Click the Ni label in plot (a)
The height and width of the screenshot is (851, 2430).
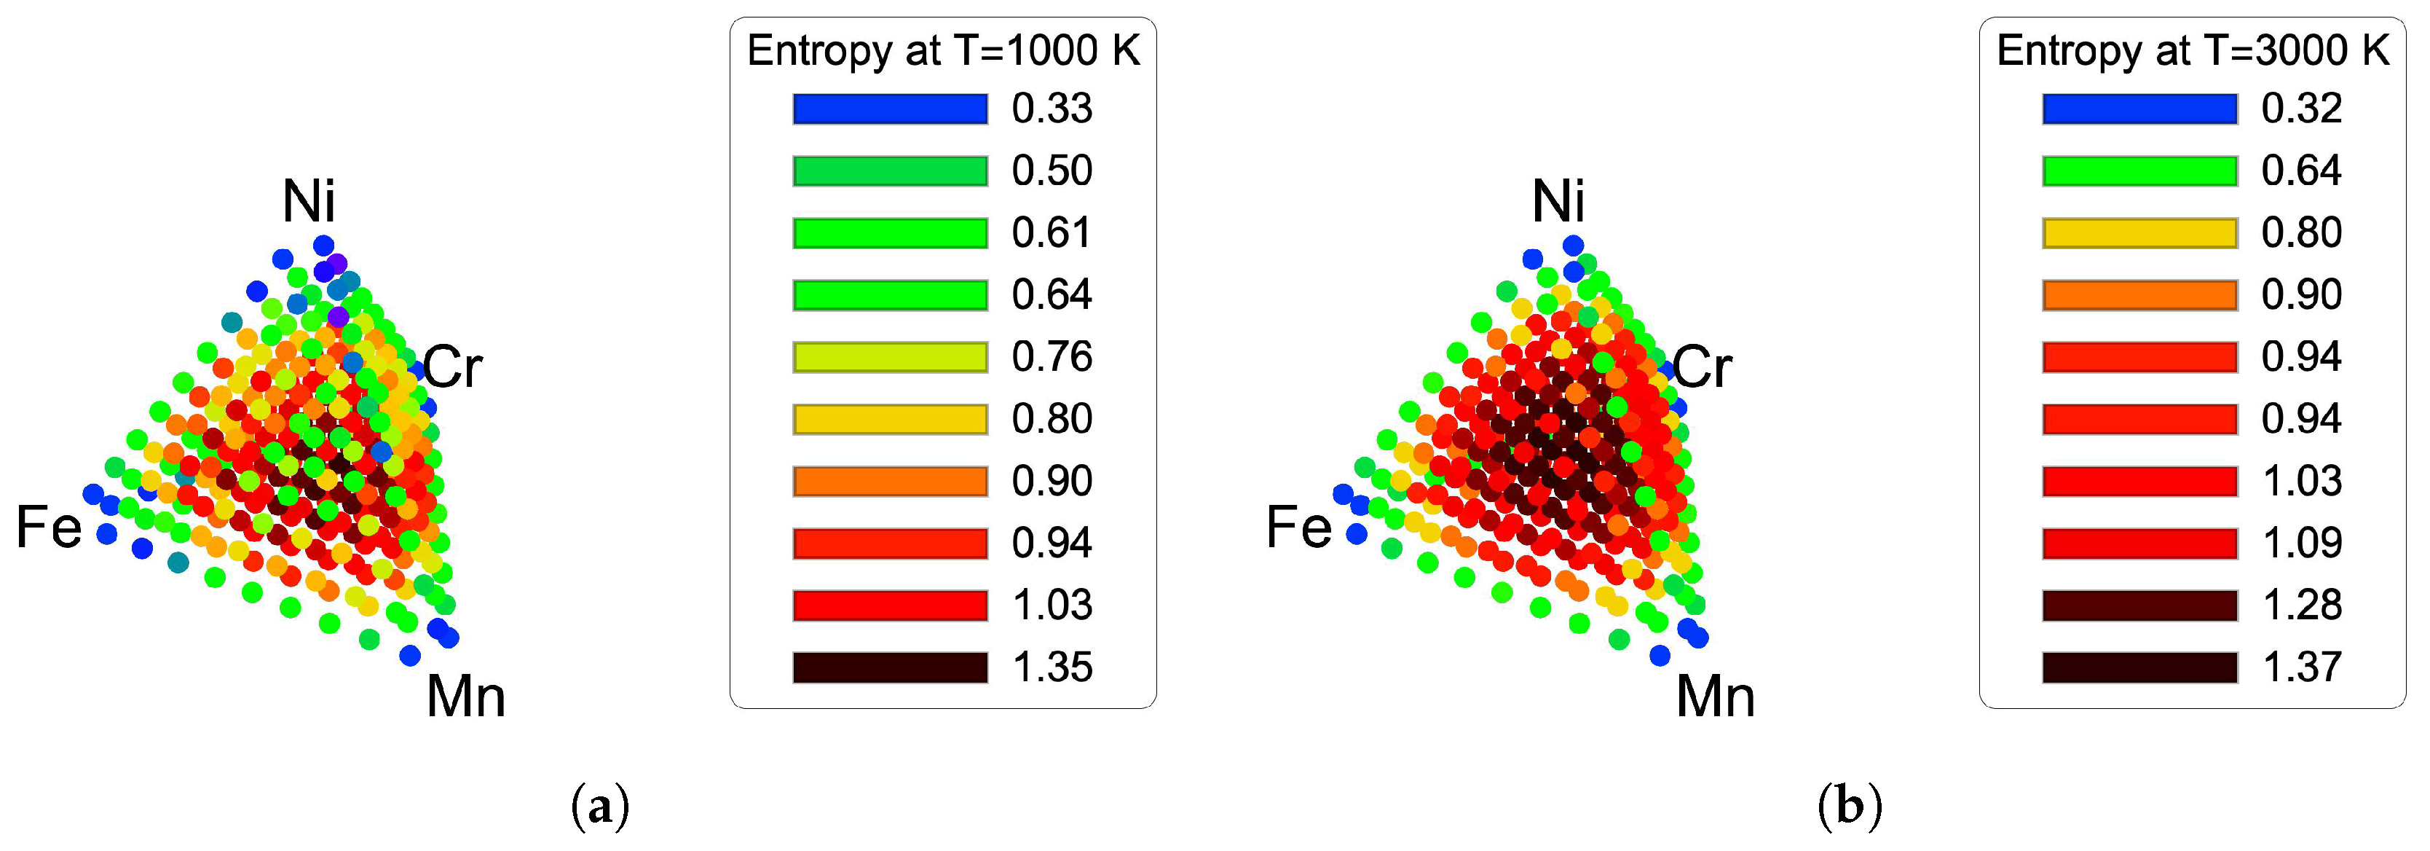click(x=309, y=201)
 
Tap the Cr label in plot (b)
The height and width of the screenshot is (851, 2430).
click(x=1702, y=367)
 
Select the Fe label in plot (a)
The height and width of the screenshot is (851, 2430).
click(x=49, y=527)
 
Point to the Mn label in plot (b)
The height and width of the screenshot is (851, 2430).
click(x=1715, y=697)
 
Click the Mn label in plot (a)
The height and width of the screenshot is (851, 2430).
click(x=466, y=697)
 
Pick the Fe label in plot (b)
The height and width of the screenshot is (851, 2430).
click(x=1299, y=527)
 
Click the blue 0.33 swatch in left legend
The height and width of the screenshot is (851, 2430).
click(x=890, y=109)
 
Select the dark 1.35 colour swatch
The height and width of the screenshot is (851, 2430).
click(x=890, y=667)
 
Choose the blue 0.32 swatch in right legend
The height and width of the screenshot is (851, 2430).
click(x=2139, y=109)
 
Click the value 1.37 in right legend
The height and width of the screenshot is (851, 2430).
click(x=2302, y=667)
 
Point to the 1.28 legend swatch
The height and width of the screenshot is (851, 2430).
click(x=2139, y=605)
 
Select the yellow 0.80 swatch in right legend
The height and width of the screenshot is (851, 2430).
click(x=2139, y=233)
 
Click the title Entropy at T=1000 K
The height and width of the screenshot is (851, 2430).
click(x=943, y=51)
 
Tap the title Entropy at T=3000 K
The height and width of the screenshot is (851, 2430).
click(x=2193, y=51)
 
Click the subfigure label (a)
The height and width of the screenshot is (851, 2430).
click(x=600, y=807)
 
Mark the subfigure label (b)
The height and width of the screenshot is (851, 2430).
click(x=1850, y=807)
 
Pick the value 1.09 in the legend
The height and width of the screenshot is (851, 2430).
click(x=2302, y=544)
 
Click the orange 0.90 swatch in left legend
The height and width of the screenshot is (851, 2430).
click(x=890, y=481)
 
